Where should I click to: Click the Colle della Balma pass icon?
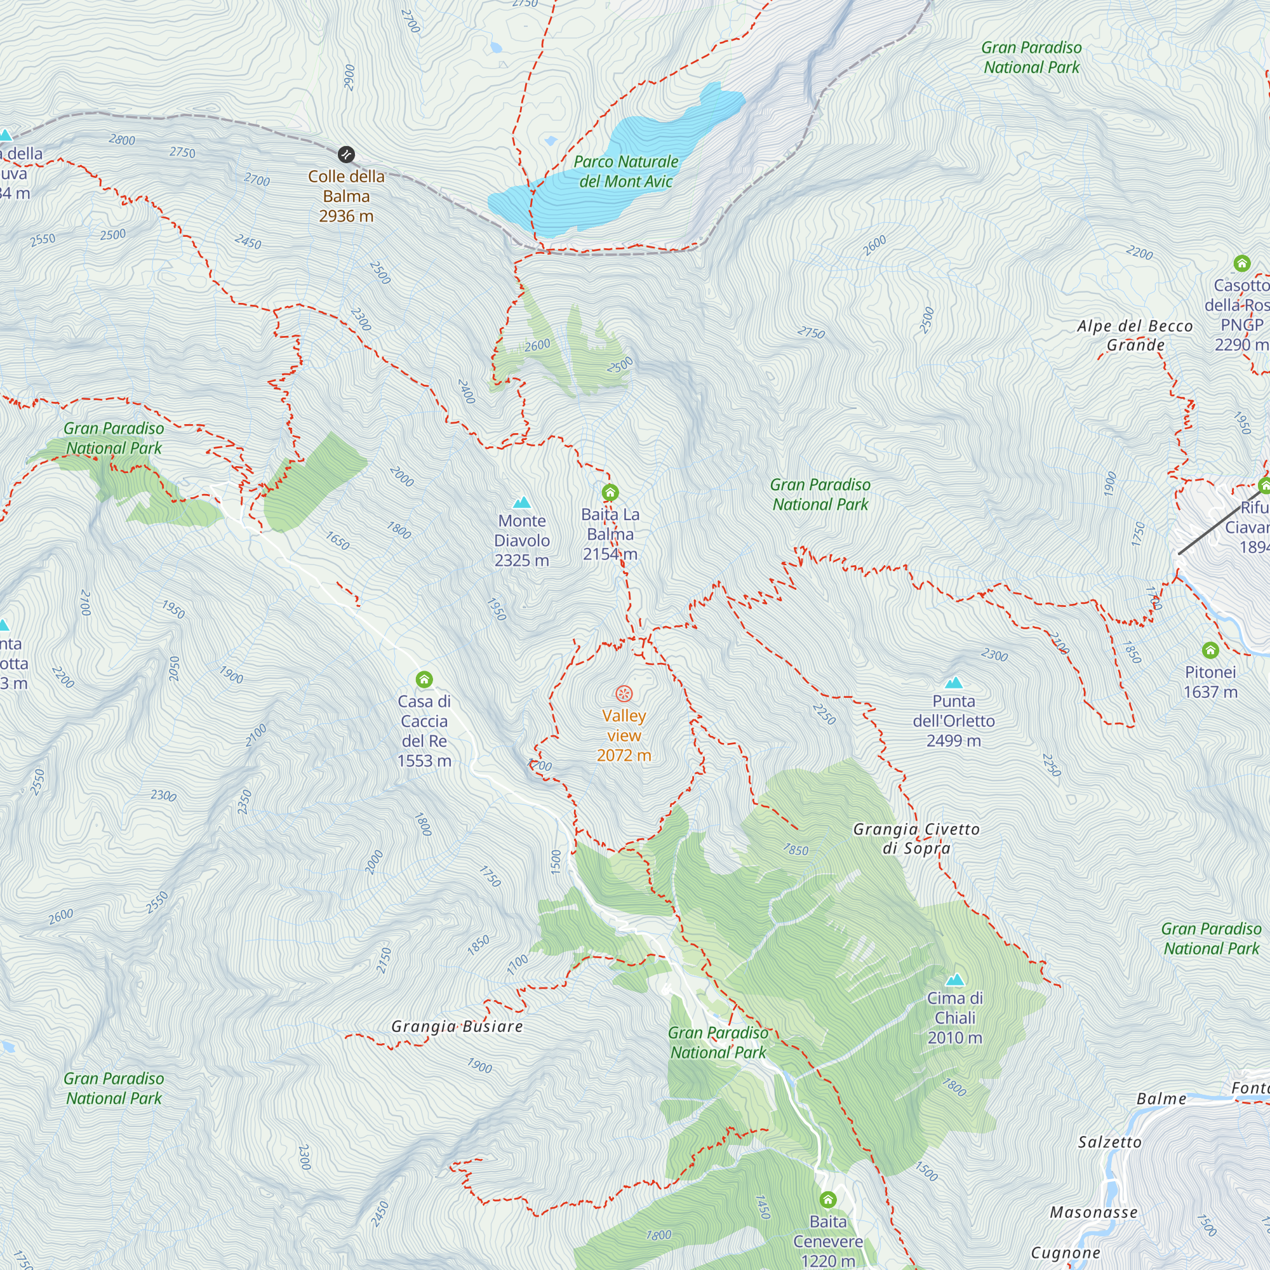pos(346,154)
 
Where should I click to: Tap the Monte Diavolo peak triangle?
pos(522,503)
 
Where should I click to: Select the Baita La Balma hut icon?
pos(610,491)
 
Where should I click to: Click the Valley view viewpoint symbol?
pos(624,693)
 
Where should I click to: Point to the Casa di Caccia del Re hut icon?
pos(424,679)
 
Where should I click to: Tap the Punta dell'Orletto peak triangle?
pos(953,683)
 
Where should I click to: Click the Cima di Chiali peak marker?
pos(954,980)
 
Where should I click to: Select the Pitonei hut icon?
pos(1210,650)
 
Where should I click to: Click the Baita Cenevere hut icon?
pos(827,1200)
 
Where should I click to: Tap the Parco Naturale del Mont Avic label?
pos(626,171)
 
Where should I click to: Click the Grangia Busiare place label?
pos(457,1027)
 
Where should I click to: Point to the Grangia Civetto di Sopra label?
pos(916,839)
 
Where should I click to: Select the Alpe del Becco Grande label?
pos(1135,335)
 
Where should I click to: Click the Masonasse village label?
pos(1093,1212)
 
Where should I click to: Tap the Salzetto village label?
pos(1109,1142)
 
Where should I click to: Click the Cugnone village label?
pos(1065,1253)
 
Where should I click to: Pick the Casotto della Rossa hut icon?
pos(1241,264)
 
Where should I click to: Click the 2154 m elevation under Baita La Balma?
pos(610,554)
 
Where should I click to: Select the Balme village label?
pos(1161,1099)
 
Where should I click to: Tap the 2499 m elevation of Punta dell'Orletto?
pos(953,741)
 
